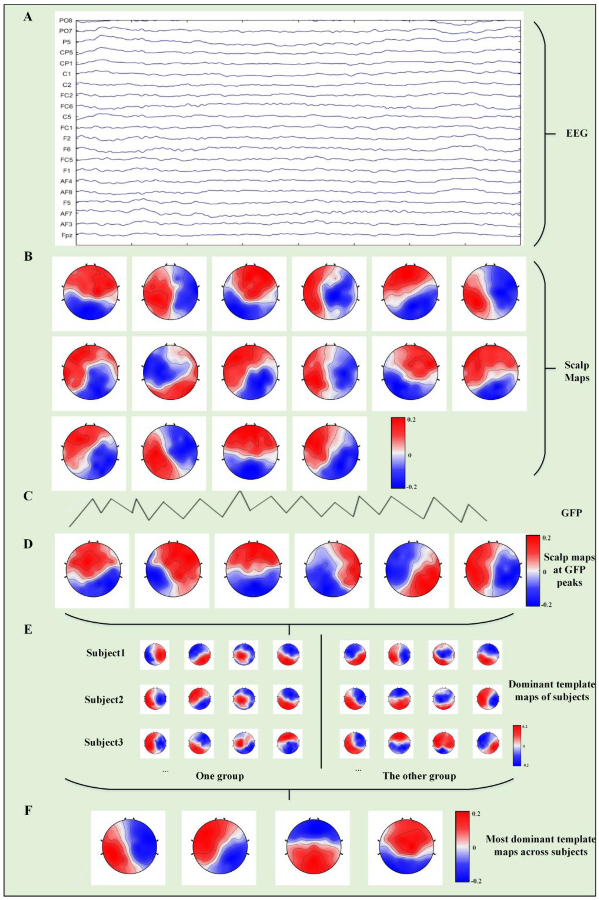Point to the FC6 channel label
click(x=66, y=106)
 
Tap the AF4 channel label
click(x=66, y=181)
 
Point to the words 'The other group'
click(x=419, y=776)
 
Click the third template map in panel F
click(x=312, y=845)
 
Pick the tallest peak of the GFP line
click(x=240, y=492)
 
